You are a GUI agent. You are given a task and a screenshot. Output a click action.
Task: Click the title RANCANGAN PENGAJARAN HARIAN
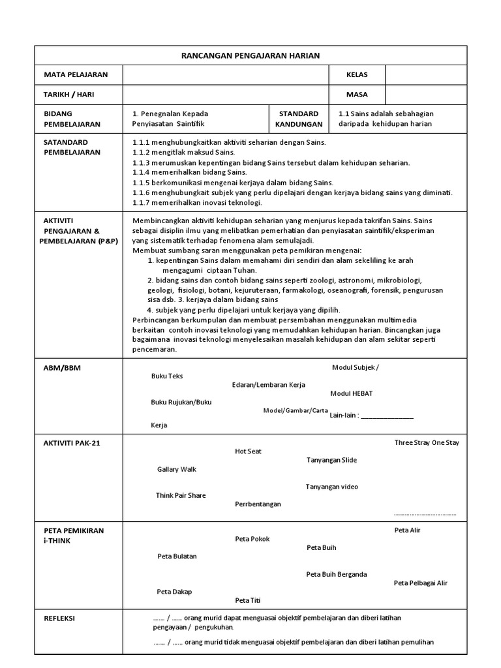pyautogui.click(x=250, y=55)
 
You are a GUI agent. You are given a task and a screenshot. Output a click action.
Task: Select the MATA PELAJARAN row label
pyautogui.click(x=75, y=75)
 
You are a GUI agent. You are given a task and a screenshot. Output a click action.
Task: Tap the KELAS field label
pyautogui.click(x=357, y=75)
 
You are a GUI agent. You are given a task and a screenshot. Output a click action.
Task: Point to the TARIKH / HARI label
pyautogui.click(x=68, y=94)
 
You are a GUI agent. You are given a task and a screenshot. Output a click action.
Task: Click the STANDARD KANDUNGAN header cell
pyautogui.click(x=298, y=119)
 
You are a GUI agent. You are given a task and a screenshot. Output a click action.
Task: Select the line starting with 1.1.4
pyautogui.click(x=189, y=172)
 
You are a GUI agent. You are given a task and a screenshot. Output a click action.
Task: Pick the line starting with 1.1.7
pyautogui.click(x=196, y=202)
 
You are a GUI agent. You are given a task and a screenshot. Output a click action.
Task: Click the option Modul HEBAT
pyautogui.click(x=352, y=394)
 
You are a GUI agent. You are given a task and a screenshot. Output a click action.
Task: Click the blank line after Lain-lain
pyautogui.click(x=387, y=416)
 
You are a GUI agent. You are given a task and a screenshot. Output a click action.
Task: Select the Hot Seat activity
pyautogui.click(x=248, y=451)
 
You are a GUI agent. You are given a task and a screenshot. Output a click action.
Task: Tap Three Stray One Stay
pyautogui.click(x=427, y=443)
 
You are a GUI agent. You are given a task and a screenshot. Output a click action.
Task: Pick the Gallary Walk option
pyautogui.click(x=176, y=469)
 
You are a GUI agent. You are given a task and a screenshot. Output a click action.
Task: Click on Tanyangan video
pyautogui.click(x=331, y=487)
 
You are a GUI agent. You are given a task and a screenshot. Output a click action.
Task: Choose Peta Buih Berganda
pyautogui.click(x=336, y=575)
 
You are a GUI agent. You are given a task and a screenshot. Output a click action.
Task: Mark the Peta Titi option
pyautogui.click(x=243, y=600)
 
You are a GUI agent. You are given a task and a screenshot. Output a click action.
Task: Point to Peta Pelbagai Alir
pyautogui.click(x=421, y=583)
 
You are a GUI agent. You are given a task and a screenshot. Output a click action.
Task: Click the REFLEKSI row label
pyautogui.click(x=59, y=618)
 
